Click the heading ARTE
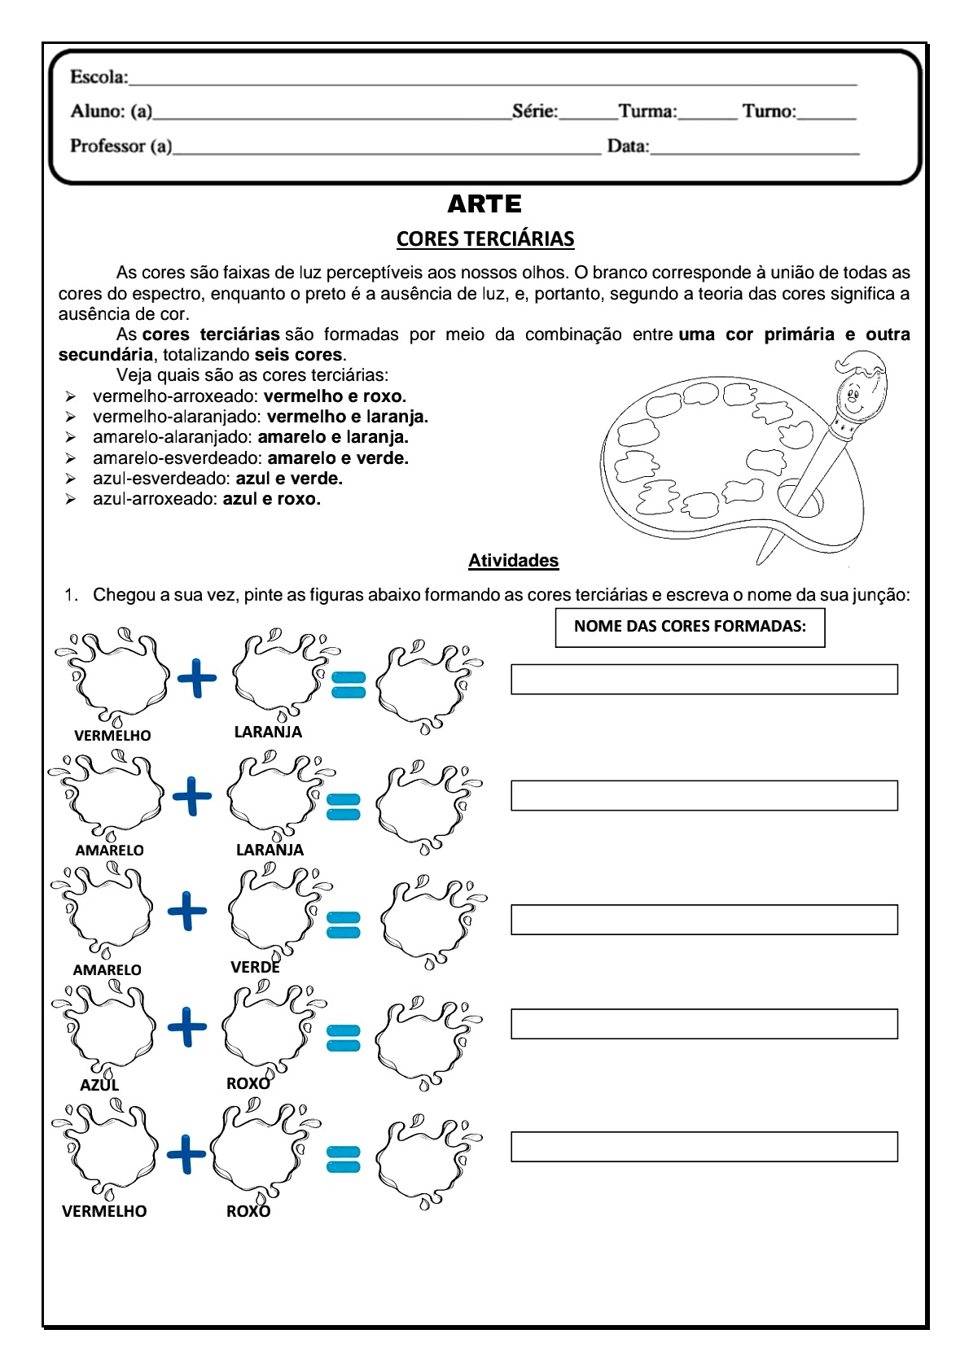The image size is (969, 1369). click(484, 203)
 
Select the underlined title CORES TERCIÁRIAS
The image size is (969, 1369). click(485, 239)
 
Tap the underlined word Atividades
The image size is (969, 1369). click(513, 561)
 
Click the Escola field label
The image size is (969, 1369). click(99, 77)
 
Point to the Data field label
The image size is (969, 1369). click(628, 147)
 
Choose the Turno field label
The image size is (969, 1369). click(769, 112)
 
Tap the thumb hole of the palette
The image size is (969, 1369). click(801, 497)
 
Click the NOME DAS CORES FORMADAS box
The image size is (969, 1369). click(690, 627)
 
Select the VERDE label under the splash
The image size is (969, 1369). click(255, 967)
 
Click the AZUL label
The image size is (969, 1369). click(99, 1085)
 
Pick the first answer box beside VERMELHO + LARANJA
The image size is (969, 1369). click(704, 680)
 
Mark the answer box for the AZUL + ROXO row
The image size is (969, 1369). click(704, 1024)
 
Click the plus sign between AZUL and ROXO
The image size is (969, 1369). click(187, 1026)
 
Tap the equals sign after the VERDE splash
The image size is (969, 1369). click(343, 925)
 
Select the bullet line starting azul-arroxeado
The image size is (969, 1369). click(206, 499)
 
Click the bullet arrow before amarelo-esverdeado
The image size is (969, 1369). click(71, 458)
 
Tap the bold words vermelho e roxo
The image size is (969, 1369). click(335, 396)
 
